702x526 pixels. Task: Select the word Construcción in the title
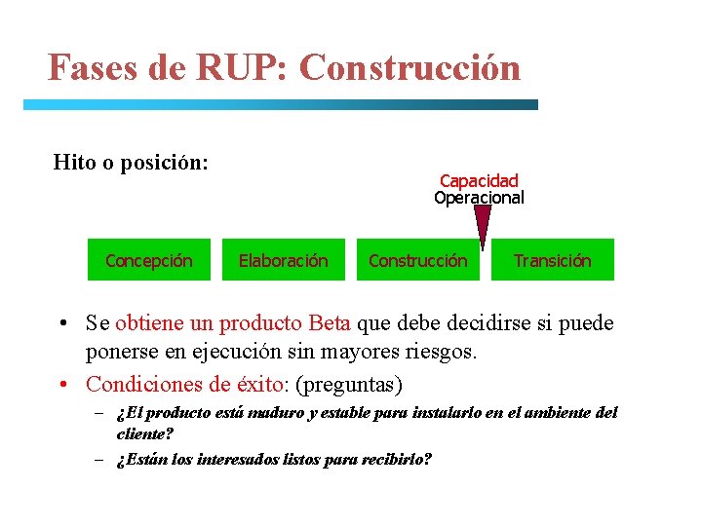pyautogui.click(x=410, y=68)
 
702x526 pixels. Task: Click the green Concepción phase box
pyautogui.click(x=148, y=260)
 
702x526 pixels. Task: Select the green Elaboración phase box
pyautogui.click(x=284, y=260)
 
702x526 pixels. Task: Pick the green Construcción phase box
pyautogui.click(x=417, y=260)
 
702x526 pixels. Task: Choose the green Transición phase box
pyautogui.click(x=553, y=260)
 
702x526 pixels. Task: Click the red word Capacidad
pyautogui.click(x=479, y=180)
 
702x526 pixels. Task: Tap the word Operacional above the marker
pyautogui.click(x=479, y=198)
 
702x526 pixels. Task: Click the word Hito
pyautogui.click(x=74, y=162)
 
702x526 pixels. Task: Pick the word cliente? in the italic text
pyautogui.click(x=144, y=433)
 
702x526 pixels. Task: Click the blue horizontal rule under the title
pyautogui.click(x=281, y=104)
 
